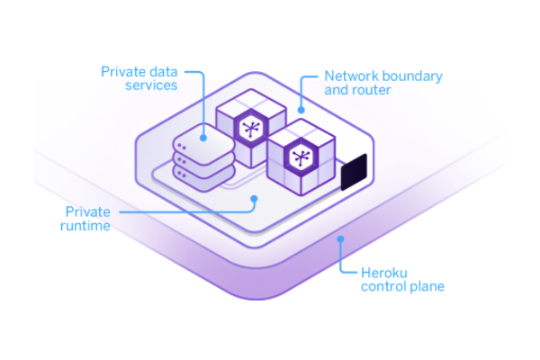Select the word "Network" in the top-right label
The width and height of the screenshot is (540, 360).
[349, 76]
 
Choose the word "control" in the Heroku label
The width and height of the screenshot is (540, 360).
[382, 287]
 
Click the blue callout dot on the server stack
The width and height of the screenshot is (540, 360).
[205, 139]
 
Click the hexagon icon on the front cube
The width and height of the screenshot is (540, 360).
[300, 159]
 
